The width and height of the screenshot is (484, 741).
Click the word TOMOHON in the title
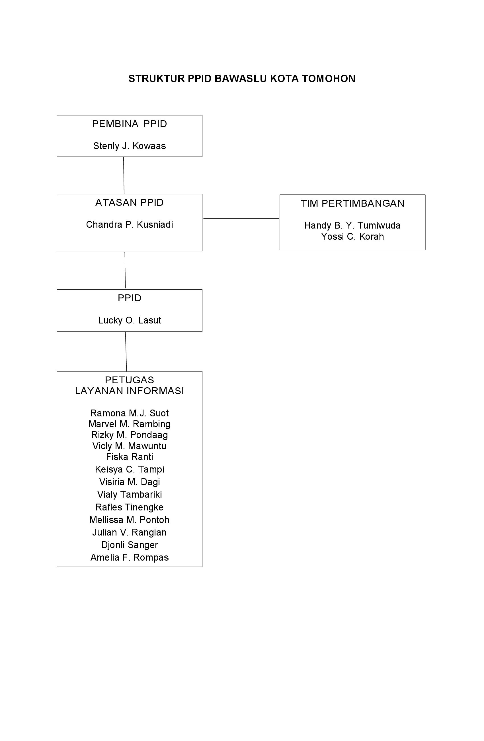329,79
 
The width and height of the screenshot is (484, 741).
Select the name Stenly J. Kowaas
129,146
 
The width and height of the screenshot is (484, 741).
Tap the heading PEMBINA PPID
129,124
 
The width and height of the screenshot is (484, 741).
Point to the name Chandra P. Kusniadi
129,225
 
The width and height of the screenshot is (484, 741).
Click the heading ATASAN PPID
129,203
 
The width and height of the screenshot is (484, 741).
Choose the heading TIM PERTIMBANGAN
352,203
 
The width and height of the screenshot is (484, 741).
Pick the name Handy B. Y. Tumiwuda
352,225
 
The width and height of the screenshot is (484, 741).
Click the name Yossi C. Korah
352,237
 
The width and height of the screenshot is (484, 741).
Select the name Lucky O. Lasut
129,320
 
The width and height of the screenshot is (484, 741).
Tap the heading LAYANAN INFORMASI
129,391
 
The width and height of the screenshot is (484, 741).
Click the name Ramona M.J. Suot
129,413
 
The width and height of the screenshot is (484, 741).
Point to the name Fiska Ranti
129,457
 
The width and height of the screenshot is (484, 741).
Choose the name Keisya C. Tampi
129,469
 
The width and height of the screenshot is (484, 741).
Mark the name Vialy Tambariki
129,494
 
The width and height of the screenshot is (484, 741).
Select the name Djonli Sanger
129,545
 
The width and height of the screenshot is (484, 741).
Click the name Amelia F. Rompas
129,557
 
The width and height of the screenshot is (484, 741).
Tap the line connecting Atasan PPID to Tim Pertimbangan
241,218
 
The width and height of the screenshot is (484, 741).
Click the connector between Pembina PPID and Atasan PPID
124,175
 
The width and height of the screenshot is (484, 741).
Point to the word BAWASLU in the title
241,79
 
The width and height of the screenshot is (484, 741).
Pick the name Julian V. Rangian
129,532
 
